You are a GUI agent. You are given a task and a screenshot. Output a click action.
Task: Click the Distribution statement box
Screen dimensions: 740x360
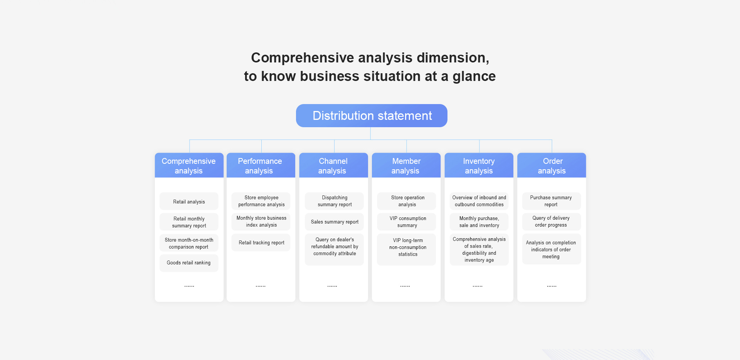372,116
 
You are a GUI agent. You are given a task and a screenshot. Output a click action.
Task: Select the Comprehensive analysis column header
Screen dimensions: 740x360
189,165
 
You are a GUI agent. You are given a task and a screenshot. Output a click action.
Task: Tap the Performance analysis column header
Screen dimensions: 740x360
261,165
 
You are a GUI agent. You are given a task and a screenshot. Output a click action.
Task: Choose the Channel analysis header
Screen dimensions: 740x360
333,165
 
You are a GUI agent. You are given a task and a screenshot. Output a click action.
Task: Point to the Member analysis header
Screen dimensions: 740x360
406,165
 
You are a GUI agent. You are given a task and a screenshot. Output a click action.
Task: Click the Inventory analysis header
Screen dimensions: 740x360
479,165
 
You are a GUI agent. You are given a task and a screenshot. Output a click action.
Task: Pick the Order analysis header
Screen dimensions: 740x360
552,165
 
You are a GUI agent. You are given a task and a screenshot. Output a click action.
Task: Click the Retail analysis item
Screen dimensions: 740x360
189,201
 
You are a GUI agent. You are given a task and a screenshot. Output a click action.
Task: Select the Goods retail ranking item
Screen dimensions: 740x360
189,263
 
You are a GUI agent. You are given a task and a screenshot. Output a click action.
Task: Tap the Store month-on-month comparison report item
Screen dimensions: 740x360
189,243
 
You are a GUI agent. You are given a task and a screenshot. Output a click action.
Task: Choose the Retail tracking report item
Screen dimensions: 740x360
261,242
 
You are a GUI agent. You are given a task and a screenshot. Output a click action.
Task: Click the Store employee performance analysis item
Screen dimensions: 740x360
261,201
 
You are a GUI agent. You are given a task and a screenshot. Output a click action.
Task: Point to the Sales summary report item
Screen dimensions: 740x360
334,222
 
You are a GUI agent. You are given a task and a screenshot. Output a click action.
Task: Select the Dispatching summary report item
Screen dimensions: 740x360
334,201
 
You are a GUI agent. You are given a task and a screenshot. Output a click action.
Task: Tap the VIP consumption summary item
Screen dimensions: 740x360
407,222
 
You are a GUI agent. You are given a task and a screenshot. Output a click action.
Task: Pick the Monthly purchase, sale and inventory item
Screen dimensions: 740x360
479,222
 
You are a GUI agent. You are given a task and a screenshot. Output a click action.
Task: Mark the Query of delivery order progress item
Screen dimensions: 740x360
552,222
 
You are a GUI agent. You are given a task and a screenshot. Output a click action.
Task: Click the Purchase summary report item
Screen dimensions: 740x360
552,201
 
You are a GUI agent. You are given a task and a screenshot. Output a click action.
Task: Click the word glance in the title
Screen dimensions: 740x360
474,77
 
